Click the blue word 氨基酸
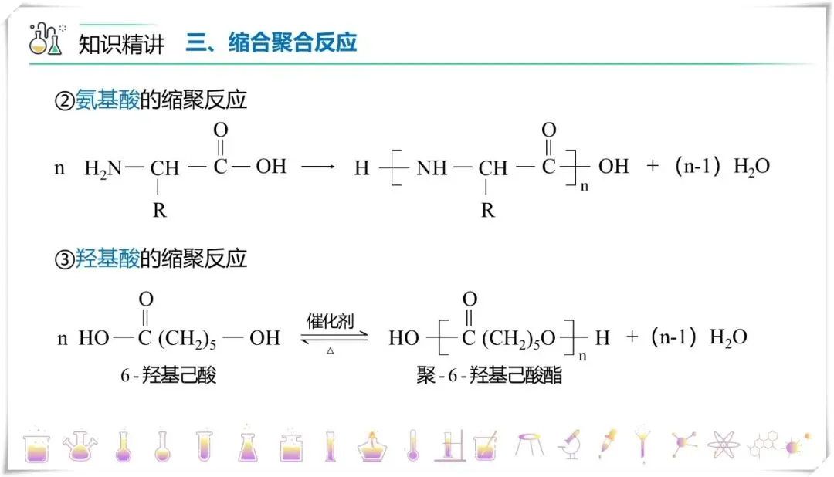107,101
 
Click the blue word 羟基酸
107,259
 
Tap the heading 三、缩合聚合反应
271,42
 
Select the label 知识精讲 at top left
121,44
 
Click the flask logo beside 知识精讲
46,39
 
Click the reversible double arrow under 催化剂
330,337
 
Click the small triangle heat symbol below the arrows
330,351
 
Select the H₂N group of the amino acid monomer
103,167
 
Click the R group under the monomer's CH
159,210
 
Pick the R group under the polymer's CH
487,210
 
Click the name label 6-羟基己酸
168,376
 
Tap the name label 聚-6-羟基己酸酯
489,376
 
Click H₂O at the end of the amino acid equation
751,167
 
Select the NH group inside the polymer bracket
432,167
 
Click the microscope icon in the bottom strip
569,444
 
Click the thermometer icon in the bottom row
412,445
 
